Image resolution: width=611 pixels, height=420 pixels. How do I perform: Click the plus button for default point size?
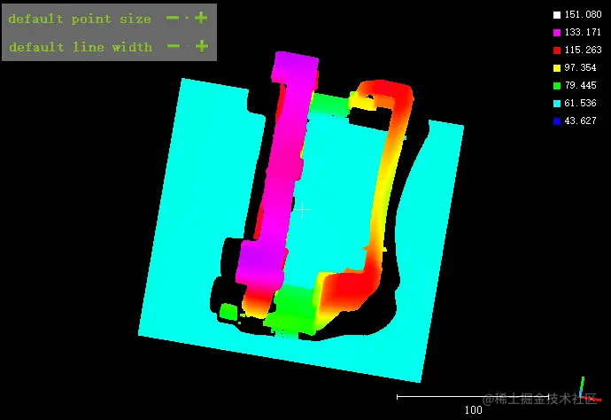pos(201,18)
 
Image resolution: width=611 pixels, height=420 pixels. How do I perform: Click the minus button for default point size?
pos(173,18)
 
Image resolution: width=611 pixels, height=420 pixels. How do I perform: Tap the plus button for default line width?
pos(202,46)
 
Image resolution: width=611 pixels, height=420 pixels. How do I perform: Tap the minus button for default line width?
pos(174,46)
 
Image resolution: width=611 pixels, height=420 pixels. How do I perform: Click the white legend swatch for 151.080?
pos(557,15)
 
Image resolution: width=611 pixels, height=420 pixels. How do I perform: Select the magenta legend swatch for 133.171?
pos(557,33)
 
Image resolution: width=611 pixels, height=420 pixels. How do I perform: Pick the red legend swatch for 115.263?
pos(557,50)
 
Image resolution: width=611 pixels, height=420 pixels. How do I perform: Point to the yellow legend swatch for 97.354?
pos(557,68)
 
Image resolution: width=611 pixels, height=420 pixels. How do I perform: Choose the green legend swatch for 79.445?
pos(557,85)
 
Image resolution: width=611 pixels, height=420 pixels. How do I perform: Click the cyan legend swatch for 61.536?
pos(557,104)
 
